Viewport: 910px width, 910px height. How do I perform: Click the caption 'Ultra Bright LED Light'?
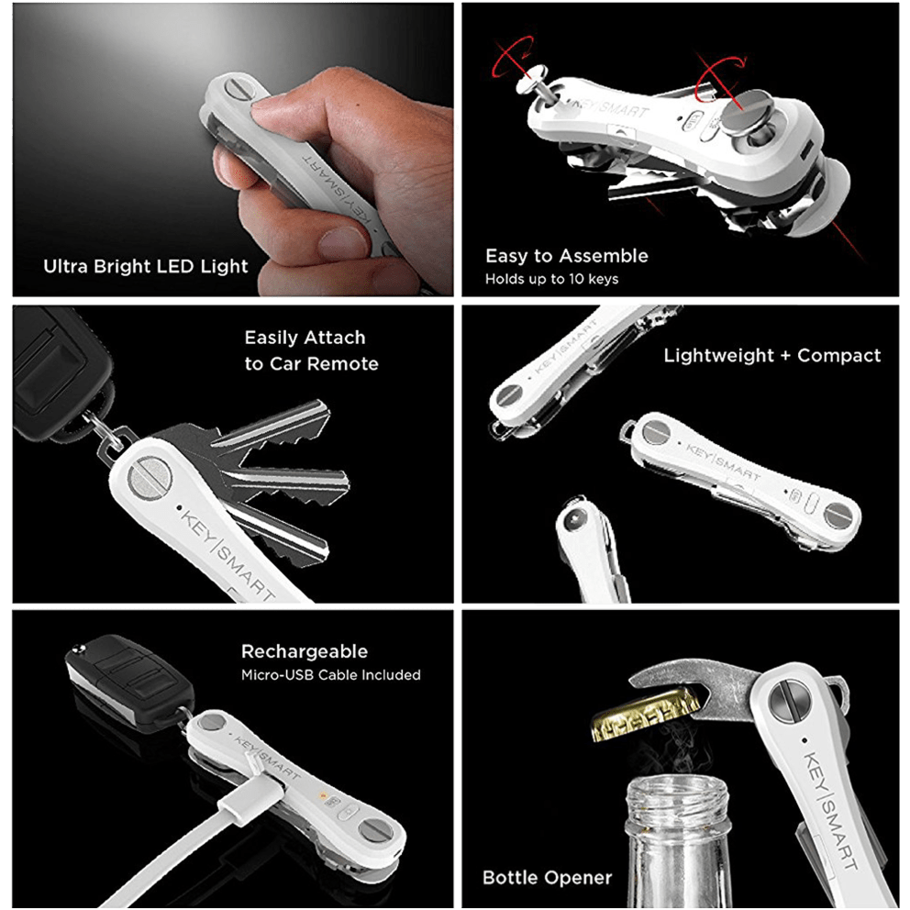coord(146,267)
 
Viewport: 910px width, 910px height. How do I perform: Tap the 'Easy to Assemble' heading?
coord(566,256)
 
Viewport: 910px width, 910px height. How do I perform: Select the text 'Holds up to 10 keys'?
coord(551,279)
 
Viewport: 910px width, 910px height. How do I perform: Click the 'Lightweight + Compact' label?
coord(771,355)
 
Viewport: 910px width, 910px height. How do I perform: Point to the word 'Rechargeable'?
coord(305,651)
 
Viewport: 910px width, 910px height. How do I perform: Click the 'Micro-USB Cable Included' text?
coord(330,675)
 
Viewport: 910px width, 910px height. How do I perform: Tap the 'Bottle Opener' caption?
coord(547,877)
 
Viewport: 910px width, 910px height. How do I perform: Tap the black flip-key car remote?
coord(128,677)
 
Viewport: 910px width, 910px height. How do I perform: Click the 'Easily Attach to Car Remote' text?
coord(311,350)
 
